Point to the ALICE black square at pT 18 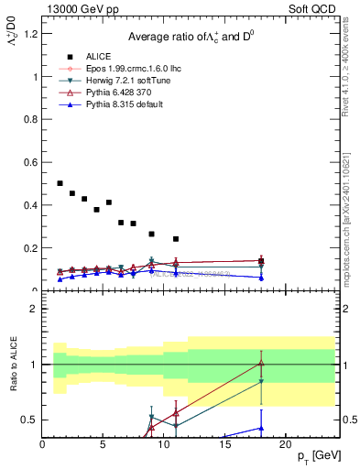tap(261, 261)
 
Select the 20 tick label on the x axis tap(285, 443)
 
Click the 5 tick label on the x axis tap(104, 443)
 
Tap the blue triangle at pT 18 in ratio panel tap(261, 428)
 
